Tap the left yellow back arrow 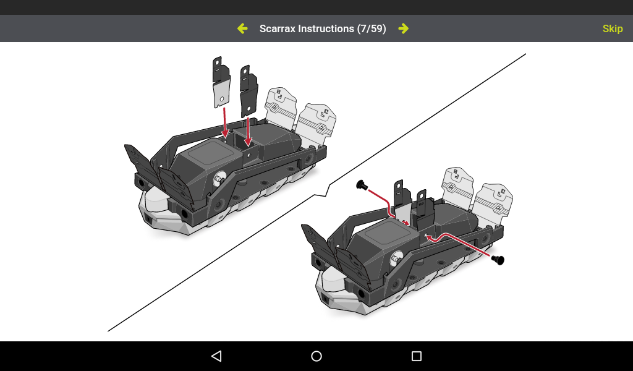242,28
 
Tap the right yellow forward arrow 403,28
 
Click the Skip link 612,28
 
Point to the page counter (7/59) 372,28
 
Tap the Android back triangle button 216,356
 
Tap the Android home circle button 316,356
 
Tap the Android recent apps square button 416,356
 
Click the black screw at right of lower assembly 498,260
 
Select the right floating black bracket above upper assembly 249,90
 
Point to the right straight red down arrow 249,130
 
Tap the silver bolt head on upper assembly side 219,179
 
